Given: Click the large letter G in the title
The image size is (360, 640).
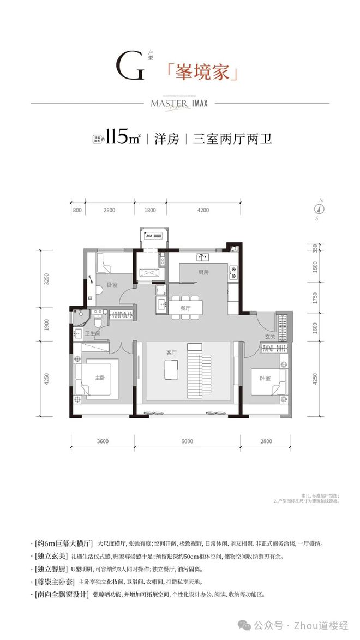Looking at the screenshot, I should (130, 67).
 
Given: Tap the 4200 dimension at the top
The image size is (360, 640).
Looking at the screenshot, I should (204, 210).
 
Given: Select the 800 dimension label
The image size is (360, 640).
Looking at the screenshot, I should (77, 210).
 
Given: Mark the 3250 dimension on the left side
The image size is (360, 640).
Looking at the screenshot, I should (47, 279).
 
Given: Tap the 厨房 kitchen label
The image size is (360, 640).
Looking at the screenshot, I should (203, 272).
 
